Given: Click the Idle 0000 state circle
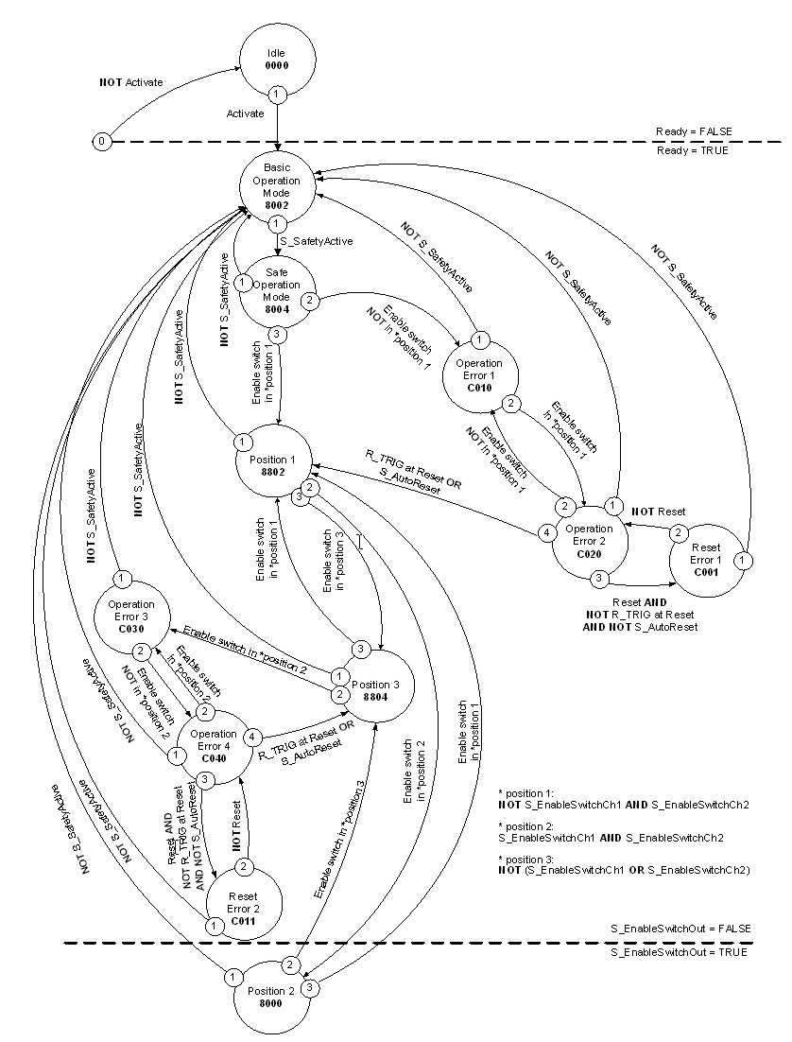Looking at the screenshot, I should [x=277, y=59].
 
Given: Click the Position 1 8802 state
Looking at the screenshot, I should [x=273, y=465].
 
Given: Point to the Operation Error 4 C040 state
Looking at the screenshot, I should [x=214, y=739].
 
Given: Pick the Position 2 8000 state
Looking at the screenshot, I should [x=273, y=996].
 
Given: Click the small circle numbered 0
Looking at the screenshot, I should [x=102, y=142].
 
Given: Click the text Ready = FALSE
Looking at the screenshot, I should [x=694, y=130].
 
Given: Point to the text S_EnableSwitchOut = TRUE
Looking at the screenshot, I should [x=679, y=953].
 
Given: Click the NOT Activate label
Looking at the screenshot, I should [x=131, y=82].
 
